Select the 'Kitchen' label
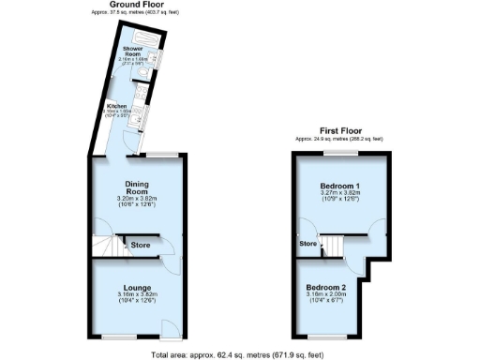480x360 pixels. pos(116,107)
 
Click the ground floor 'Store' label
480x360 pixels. pos(141,246)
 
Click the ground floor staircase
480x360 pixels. pos(110,247)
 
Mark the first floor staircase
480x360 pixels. pos(333,247)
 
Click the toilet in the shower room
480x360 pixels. pos(139,76)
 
